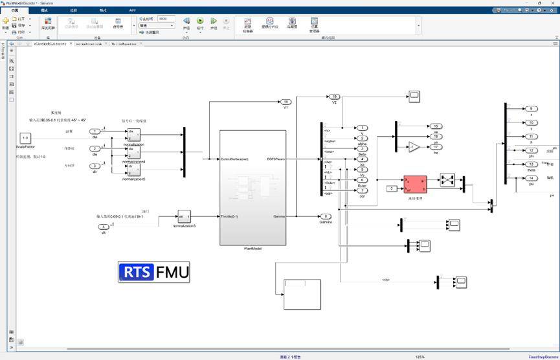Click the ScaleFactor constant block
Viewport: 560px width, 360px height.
[25, 138]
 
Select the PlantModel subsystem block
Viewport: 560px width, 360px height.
[252, 187]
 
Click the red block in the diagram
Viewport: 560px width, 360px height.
[415, 184]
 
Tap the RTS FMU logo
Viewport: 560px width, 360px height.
[154, 272]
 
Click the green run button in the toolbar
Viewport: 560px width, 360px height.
[200, 21]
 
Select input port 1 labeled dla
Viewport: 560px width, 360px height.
[95, 131]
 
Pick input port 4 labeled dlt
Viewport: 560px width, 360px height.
[103, 226]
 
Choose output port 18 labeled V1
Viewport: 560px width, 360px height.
[286, 102]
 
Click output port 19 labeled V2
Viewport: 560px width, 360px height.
[335, 96]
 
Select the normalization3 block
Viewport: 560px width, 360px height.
[185, 216]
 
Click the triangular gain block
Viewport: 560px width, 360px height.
[414, 147]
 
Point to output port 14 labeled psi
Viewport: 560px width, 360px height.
[531, 178]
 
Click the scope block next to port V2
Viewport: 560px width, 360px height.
[414, 96]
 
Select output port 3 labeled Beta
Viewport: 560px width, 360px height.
[363, 148]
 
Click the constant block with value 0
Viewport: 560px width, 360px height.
[391, 188]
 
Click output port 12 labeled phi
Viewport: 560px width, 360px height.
[531, 150]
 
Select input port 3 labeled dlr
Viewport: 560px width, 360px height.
[95, 166]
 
